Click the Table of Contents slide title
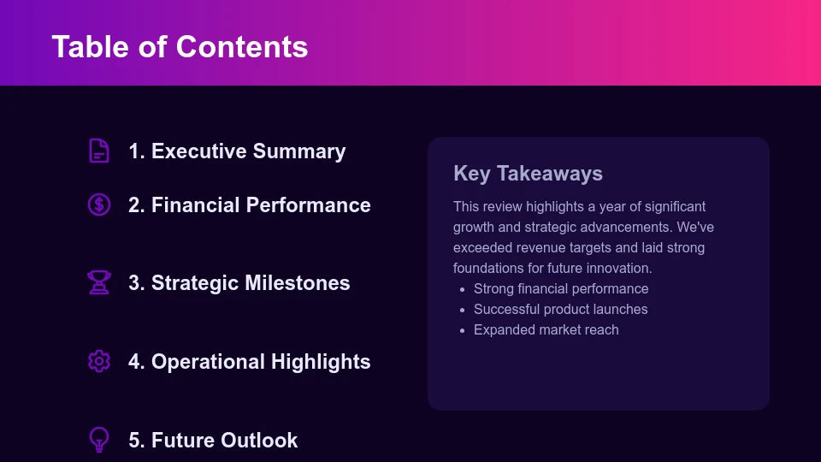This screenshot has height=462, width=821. [180, 46]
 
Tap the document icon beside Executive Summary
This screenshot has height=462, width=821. [99, 151]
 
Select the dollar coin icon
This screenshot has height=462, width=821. [99, 204]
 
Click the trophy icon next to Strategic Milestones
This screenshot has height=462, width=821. [99, 282]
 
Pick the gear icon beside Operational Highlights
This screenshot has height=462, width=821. [99, 361]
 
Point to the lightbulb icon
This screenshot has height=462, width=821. [99, 440]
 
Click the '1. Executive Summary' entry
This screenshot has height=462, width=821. [237, 151]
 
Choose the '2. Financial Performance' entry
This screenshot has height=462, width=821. [249, 205]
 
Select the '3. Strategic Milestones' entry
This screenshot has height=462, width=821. [239, 283]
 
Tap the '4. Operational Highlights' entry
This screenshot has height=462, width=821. [249, 362]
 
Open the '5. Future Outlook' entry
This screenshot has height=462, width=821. [213, 441]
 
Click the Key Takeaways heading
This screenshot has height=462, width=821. [528, 174]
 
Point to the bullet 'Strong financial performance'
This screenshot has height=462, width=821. [561, 289]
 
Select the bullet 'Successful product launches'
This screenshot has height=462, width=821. [560, 310]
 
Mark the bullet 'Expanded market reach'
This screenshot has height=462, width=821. [546, 330]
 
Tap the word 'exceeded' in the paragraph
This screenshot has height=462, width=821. [481, 248]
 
